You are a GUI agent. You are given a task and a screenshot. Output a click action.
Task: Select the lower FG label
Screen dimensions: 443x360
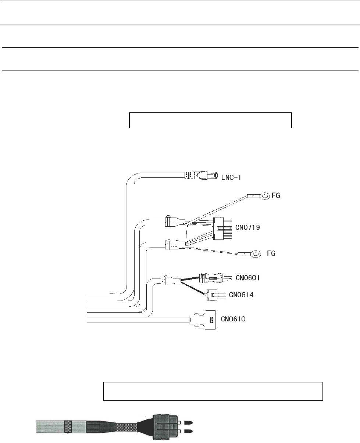[x=271, y=253]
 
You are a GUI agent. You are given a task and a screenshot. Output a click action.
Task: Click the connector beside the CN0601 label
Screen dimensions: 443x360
[x=213, y=278]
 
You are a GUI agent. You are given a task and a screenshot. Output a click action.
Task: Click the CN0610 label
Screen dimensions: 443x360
[x=233, y=319]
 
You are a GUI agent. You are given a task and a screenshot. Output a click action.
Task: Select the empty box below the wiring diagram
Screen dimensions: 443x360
[x=213, y=391]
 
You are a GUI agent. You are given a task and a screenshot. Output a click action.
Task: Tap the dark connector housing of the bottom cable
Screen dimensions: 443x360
[x=162, y=426]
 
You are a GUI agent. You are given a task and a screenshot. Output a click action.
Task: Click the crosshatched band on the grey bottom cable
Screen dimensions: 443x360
[x=68, y=426]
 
